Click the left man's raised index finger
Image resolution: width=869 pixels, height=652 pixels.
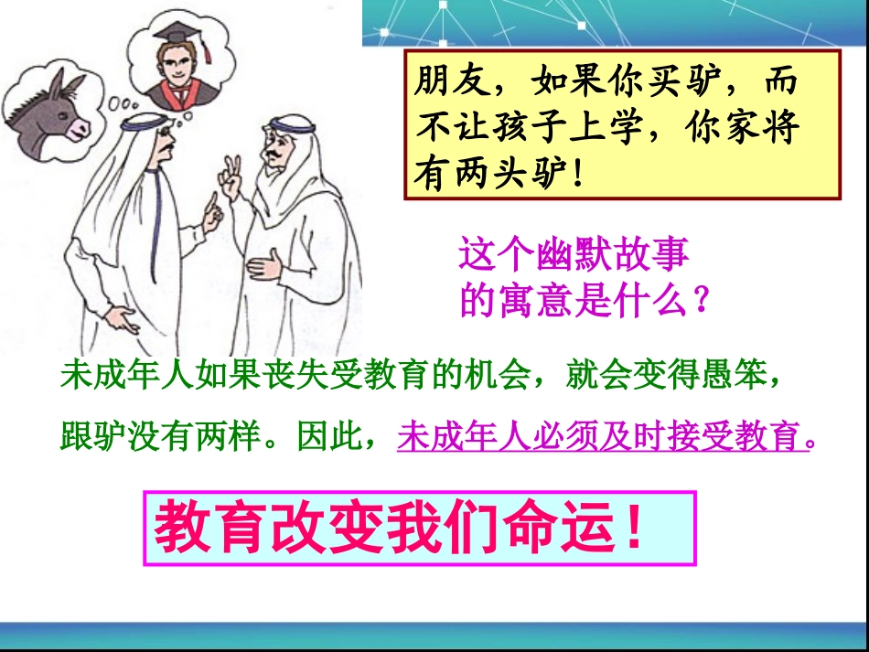211,216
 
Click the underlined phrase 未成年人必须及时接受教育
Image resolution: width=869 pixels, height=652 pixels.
604,437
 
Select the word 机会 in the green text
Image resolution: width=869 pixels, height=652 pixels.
493,375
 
